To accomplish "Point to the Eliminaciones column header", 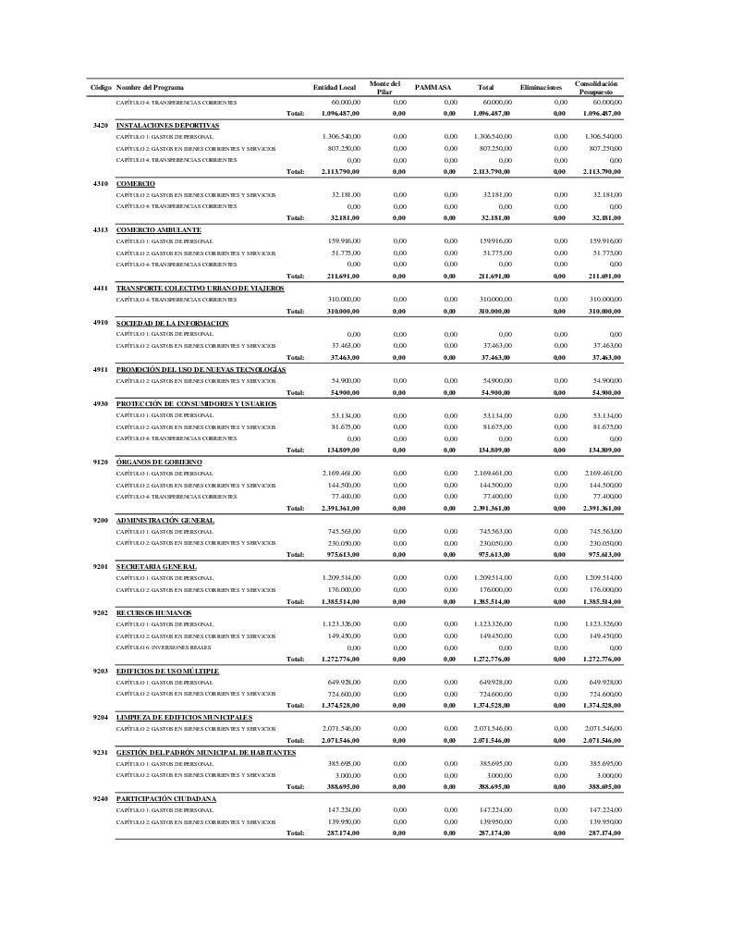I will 542,87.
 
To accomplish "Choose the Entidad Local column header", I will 335,87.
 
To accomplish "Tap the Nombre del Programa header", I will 150,87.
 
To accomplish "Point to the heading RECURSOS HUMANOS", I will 153,612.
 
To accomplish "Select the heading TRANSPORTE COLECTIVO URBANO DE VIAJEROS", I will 200,288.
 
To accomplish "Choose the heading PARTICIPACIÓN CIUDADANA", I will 166,798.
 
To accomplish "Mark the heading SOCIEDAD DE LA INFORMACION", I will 172,323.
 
